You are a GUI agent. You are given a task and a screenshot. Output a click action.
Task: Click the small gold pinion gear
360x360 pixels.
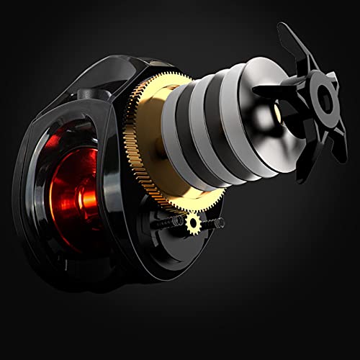click(192, 224)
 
